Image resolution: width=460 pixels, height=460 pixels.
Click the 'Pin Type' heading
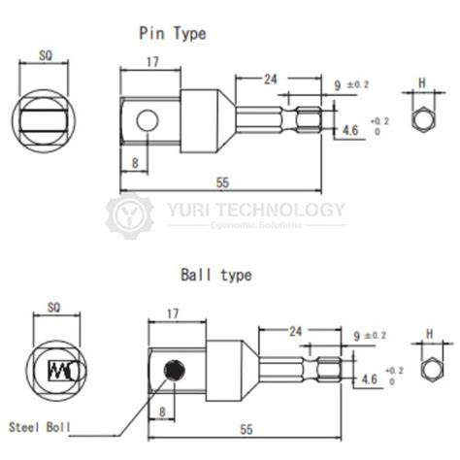[x=174, y=34]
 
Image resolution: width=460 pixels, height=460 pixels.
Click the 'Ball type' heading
[x=214, y=275]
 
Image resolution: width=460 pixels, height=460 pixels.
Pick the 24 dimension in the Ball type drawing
[x=292, y=331]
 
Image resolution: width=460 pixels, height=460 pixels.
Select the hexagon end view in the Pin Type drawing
[x=423, y=119]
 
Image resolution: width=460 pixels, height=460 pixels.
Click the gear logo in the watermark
[x=127, y=214]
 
